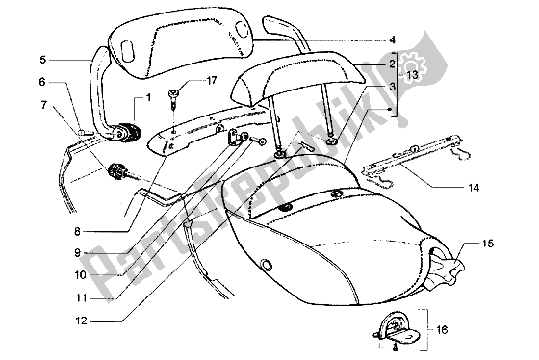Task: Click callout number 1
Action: tap(148, 99)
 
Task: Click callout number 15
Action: tap(488, 244)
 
